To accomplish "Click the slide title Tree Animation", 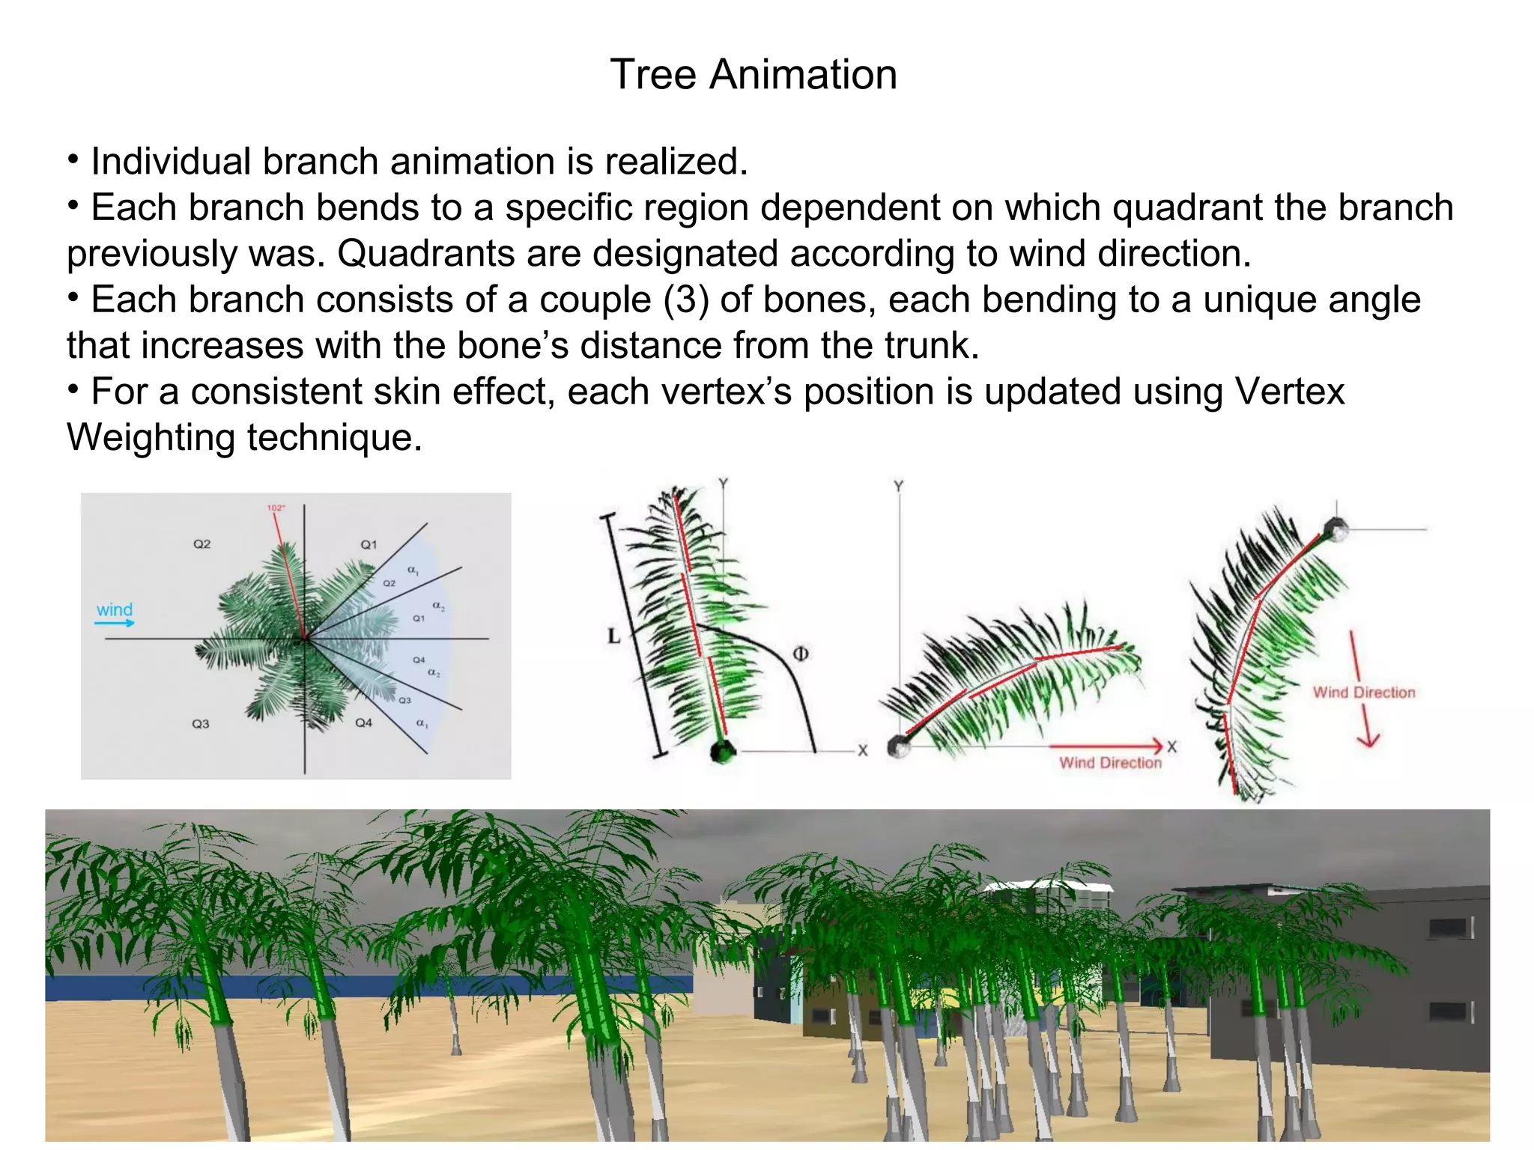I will (754, 75).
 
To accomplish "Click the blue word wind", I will (114, 609).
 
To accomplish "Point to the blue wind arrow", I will (115, 623).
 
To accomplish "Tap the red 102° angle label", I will (275, 508).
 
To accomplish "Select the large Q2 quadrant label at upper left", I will (202, 544).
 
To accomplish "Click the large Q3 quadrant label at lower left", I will (201, 724).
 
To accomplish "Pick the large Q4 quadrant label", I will (363, 722).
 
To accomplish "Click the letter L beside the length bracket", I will (614, 637).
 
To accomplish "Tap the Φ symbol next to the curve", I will (800, 654).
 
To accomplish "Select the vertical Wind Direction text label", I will (1363, 693).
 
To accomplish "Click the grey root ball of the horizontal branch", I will (897, 746).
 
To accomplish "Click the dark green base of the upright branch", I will (723, 751).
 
